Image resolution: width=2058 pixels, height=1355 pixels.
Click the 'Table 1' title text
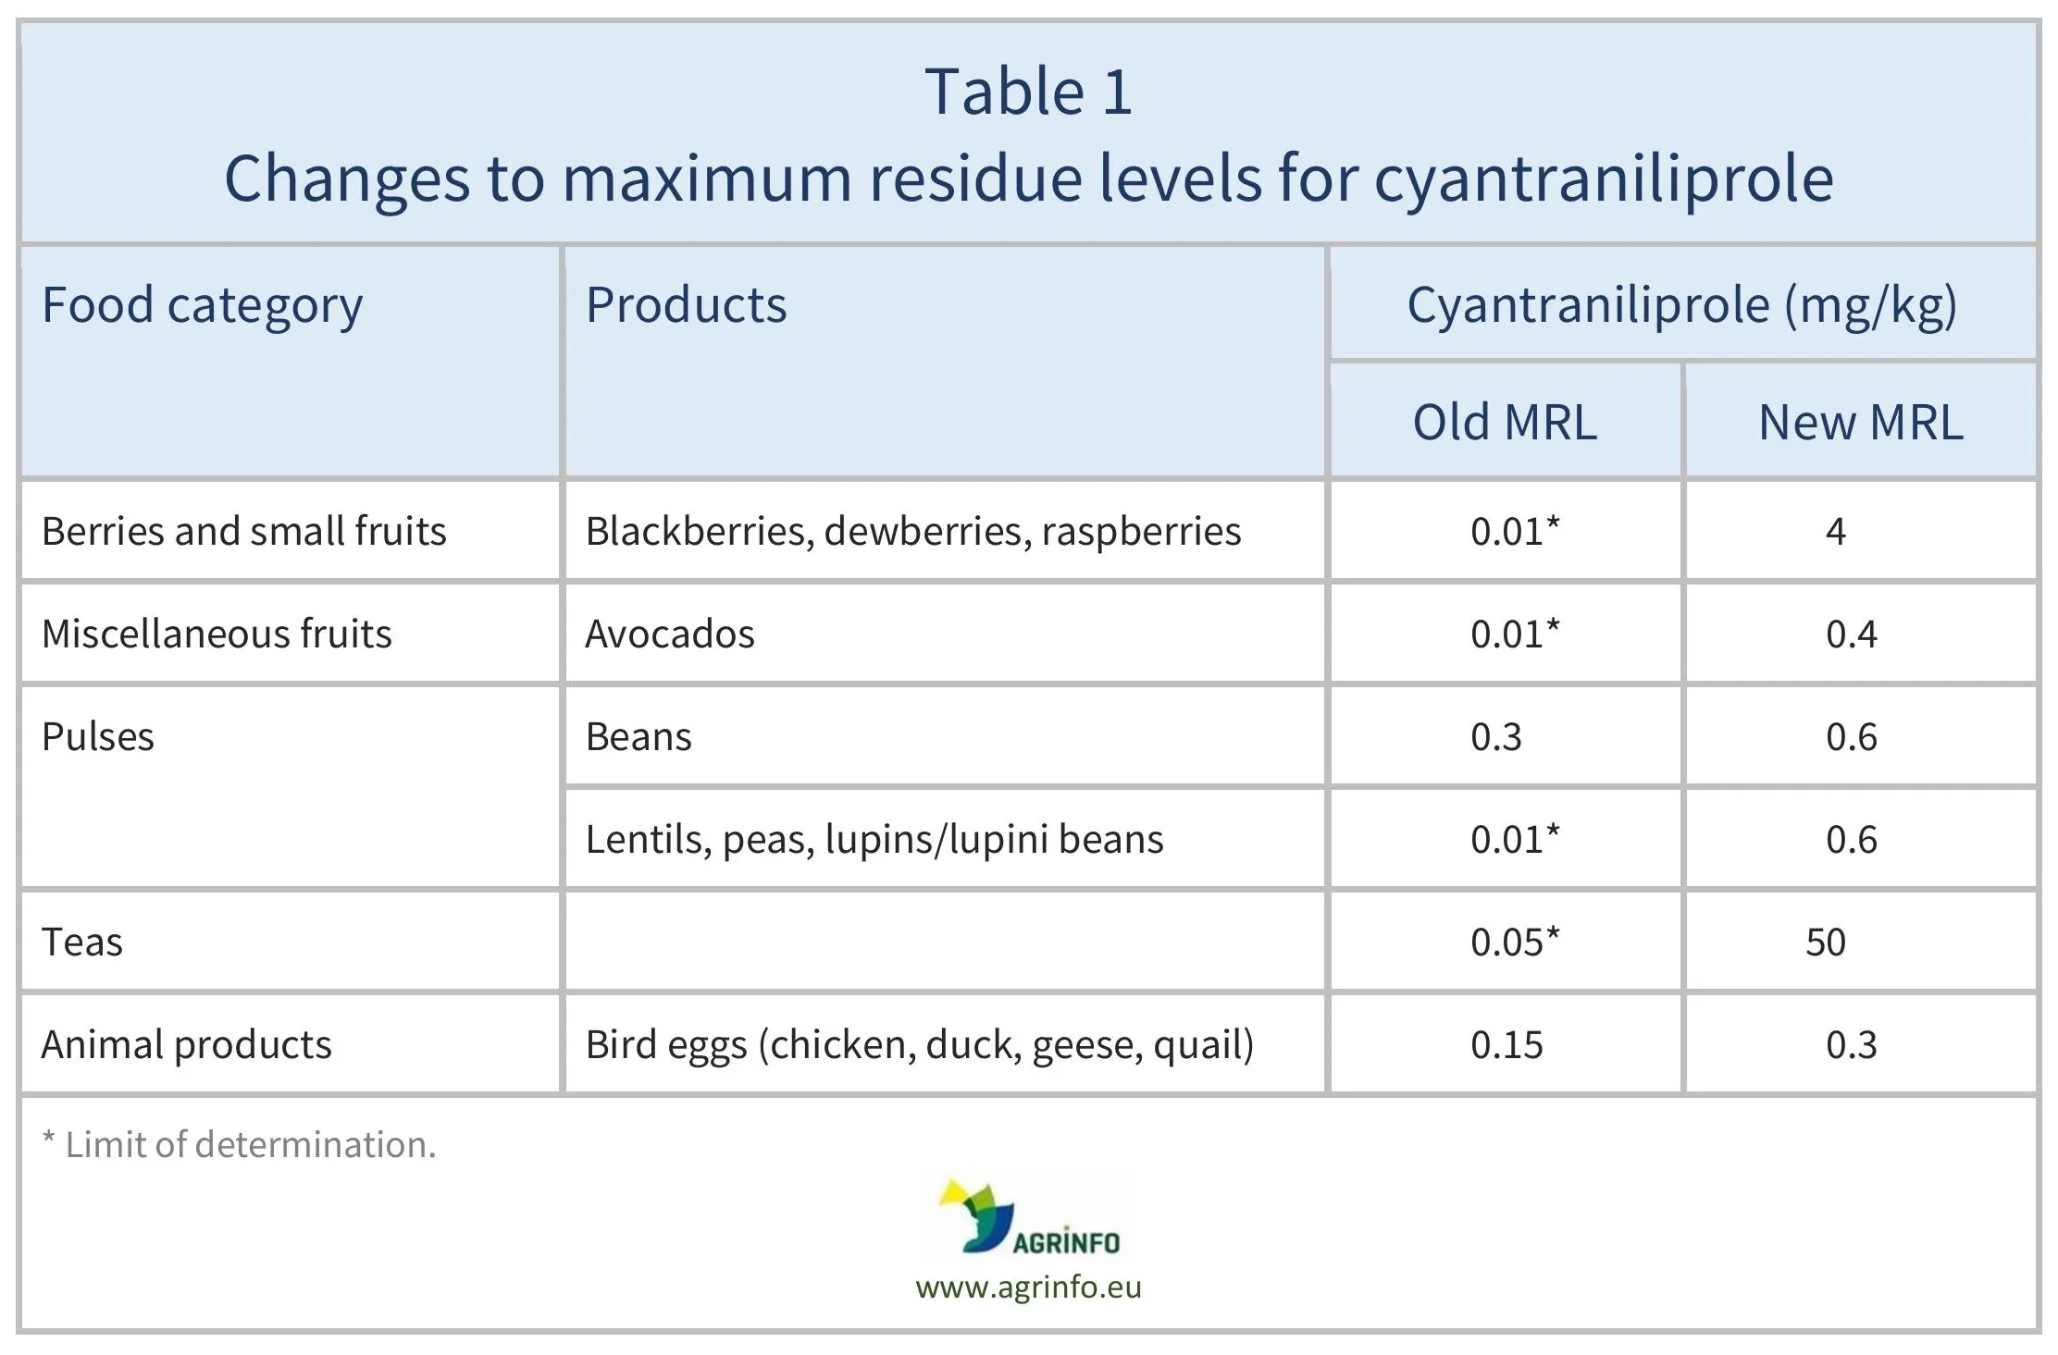pyautogui.click(x=1028, y=92)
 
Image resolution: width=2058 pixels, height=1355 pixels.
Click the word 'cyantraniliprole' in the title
pyautogui.click(x=1603, y=179)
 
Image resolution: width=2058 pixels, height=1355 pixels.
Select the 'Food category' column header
pyautogui.click(x=202, y=305)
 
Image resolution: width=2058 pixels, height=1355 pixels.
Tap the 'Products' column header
pyautogui.click(x=686, y=305)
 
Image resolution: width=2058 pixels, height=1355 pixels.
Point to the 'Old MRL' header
pyautogui.click(x=1505, y=422)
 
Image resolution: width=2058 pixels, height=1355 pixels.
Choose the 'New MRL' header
pyautogui.click(x=1860, y=422)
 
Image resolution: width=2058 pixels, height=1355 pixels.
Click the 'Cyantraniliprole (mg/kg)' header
pyautogui.click(x=1681, y=305)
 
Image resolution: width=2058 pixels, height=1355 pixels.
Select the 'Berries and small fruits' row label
pyautogui.click(x=244, y=531)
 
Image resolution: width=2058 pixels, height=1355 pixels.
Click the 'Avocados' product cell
pyautogui.click(x=670, y=634)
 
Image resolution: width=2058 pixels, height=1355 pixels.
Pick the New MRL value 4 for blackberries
pyautogui.click(x=1836, y=531)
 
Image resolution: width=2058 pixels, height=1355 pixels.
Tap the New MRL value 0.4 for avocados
pyautogui.click(x=1851, y=634)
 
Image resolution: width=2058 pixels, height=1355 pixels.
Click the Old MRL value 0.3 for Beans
pyautogui.click(x=1495, y=737)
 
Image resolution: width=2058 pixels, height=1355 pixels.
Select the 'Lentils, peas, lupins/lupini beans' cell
pyautogui.click(x=874, y=840)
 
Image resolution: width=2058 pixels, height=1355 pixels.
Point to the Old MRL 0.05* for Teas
pyautogui.click(x=1514, y=942)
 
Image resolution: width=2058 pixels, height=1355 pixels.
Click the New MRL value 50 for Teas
pyautogui.click(x=1826, y=942)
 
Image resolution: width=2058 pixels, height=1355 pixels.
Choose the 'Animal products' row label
pyautogui.click(x=186, y=1045)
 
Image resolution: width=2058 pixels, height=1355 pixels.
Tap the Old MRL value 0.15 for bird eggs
pyautogui.click(x=1506, y=1045)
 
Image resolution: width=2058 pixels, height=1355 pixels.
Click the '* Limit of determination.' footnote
pyautogui.click(x=239, y=1145)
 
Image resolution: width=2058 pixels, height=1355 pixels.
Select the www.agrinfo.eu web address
pyautogui.click(x=1028, y=1287)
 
